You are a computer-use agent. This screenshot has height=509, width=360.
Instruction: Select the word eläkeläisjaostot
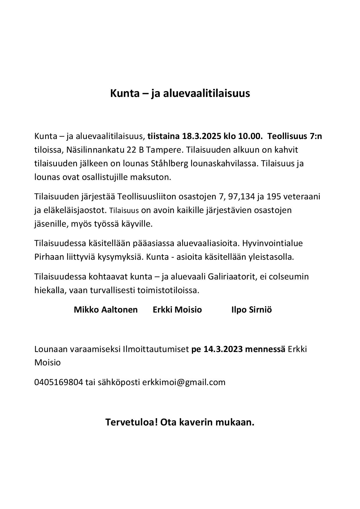(75, 210)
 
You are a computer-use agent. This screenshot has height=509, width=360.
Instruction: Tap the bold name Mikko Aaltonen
(106, 310)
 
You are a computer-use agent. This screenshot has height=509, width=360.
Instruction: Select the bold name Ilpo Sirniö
(251, 310)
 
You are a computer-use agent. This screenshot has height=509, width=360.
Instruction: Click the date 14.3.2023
(223, 349)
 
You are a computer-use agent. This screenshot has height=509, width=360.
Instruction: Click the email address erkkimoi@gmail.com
(184, 382)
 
